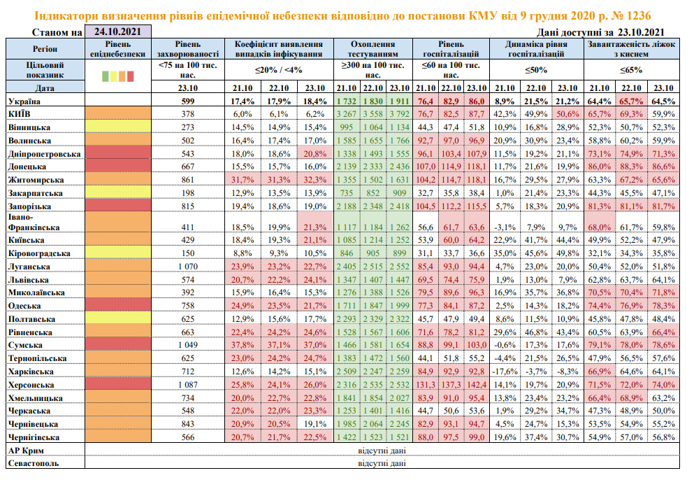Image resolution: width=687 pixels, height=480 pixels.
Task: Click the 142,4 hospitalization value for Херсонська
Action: tap(478, 385)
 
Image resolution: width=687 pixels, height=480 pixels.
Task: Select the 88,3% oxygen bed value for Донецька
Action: tap(632, 167)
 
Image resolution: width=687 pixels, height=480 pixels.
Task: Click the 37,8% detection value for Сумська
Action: tap(242, 346)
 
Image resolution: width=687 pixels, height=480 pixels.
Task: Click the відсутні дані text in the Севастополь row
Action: tap(378, 463)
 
